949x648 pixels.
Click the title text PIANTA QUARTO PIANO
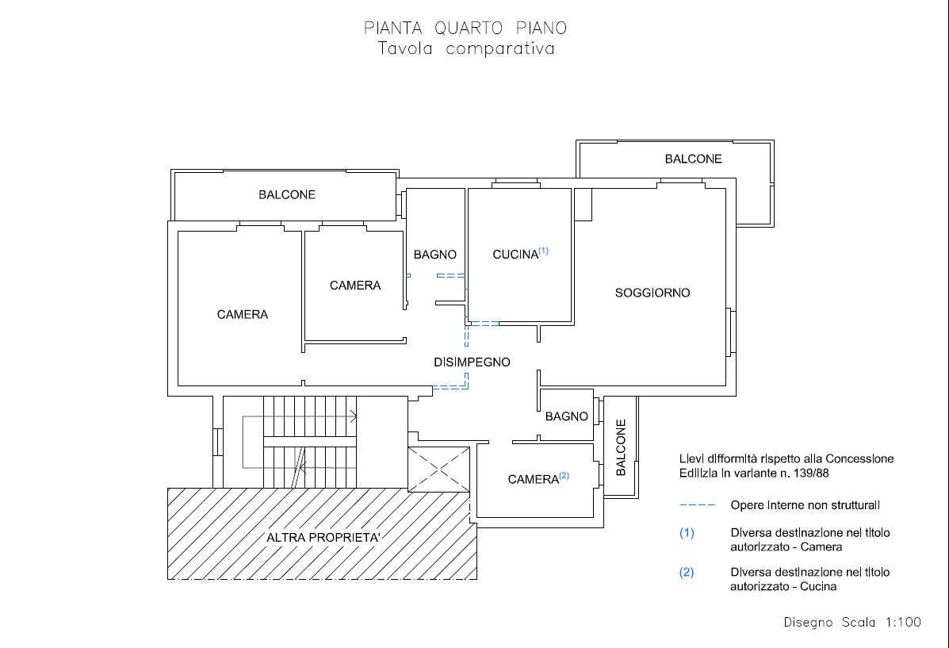[465, 28]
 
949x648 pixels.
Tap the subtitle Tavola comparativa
[467, 48]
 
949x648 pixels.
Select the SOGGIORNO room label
[652, 293]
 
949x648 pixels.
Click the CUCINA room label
[515, 255]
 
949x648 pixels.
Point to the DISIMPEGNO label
[472, 362]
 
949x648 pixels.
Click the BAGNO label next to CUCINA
[435, 255]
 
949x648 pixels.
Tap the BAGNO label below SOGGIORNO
[567, 416]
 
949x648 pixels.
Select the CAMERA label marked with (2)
[534, 480]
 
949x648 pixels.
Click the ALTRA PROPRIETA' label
[323, 538]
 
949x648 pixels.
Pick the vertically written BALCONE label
[621, 447]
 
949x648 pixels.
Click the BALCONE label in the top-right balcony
[694, 159]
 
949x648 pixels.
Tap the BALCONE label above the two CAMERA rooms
[287, 194]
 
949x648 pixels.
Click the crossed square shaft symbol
[438, 470]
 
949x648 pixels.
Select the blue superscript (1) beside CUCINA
[544, 251]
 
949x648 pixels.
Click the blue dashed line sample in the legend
[698, 504]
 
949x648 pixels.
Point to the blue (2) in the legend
[687, 573]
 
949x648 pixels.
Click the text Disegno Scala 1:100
[852, 622]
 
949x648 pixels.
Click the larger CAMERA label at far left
[242, 314]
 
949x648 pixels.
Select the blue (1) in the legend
[687, 533]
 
